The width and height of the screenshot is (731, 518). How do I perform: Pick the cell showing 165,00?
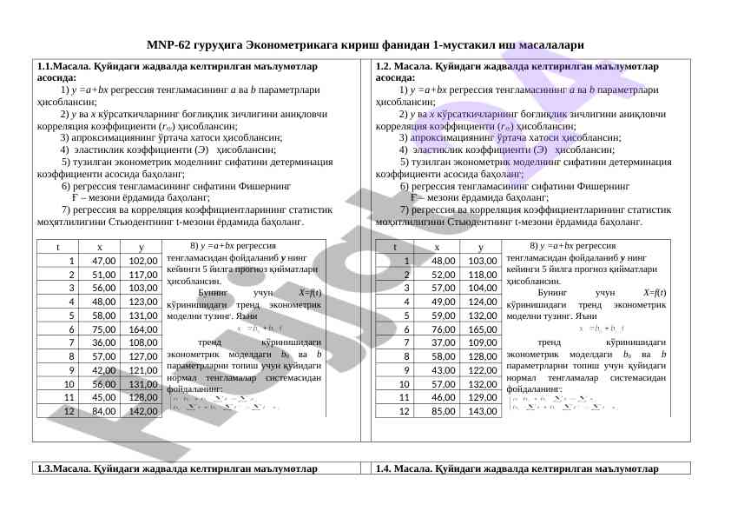[x=480, y=329]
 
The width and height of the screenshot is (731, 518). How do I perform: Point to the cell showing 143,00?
[x=480, y=411]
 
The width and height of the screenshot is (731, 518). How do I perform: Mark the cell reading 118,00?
[x=480, y=275]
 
